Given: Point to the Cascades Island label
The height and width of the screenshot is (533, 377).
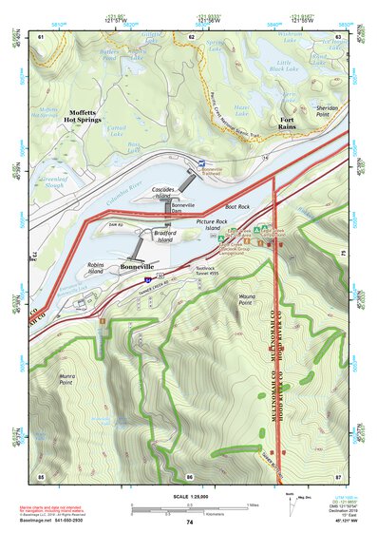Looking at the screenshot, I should pyautogui.click(x=171, y=192).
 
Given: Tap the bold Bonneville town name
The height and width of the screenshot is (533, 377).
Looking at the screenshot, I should pyautogui.click(x=142, y=268).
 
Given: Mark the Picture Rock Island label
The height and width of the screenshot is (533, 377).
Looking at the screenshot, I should pyautogui.click(x=215, y=225).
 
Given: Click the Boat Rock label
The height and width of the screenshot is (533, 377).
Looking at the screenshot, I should pyautogui.click(x=236, y=206).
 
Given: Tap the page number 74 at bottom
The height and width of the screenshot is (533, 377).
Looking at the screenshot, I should pyautogui.click(x=190, y=523).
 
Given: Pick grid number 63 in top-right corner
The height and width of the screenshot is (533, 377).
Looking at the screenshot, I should pyautogui.click(x=338, y=36).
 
